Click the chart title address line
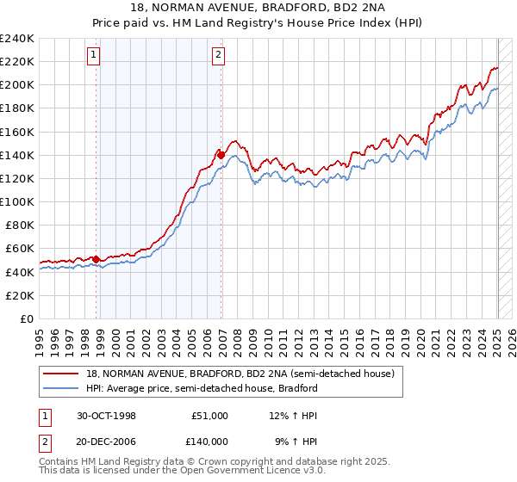click(x=258, y=7)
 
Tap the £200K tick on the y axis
click(x=17, y=85)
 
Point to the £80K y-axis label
click(x=20, y=225)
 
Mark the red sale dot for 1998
click(x=97, y=259)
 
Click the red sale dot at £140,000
click(x=221, y=155)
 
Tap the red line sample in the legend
click(x=62, y=374)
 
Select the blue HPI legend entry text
click(x=201, y=388)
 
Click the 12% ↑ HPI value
click(x=295, y=416)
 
